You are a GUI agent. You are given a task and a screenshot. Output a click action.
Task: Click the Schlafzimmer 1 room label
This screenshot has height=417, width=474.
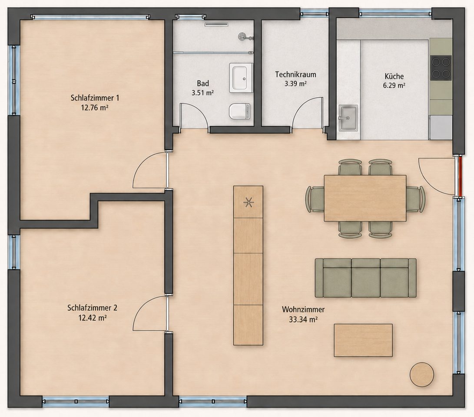pyautogui.click(x=95, y=98)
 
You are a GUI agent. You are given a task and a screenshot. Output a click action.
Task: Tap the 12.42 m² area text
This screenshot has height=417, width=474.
pyautogui.click(x=92, y=318)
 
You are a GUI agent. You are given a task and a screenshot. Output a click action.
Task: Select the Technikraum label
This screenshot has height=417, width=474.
pyautogui.click(x=295, y=74)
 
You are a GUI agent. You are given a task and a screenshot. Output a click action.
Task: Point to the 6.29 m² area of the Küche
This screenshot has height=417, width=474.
pyautogui.click(x=394, y=85)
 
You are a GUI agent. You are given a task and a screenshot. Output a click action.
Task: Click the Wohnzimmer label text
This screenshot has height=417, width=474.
pyautogui.click(x=303, y=309)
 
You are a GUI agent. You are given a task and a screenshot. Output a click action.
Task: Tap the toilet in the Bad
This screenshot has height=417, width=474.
pyautogui.click(x=240, y=111)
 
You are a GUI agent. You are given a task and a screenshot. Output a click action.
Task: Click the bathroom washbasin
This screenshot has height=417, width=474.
pyautogui.click(x=241, y=78)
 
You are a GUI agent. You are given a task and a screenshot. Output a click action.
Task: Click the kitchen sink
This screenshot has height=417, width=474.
pyautogui.click(x=348, y=118)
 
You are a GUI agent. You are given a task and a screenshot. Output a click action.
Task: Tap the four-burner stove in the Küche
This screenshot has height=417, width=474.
pyautogui.click(x=441, y=68)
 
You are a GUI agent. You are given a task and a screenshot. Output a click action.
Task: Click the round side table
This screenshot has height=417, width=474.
pyautogui.click(x=422, y=374)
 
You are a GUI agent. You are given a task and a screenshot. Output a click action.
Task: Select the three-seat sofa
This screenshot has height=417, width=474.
pyautogui.click(x=365, y=278)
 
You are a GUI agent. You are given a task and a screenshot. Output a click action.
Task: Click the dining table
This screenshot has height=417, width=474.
pyautogui.click(x=365, y=198)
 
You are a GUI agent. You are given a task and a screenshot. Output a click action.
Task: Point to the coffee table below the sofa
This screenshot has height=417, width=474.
pyautogui.click(x=363, y=340)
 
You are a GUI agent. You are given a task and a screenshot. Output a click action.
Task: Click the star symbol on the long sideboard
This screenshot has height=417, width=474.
pyautogui.click(x=249, y=202)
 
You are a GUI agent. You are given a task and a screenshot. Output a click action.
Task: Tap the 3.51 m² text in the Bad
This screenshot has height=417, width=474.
pyautogui.click(x=202, y=92)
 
